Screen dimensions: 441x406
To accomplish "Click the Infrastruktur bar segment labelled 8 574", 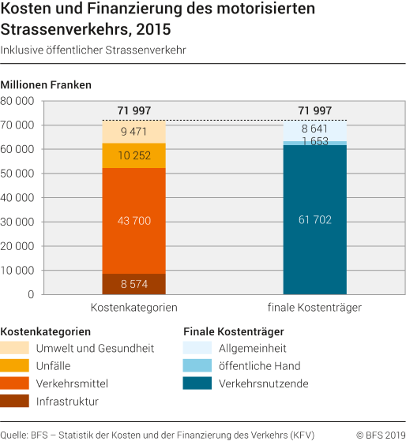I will (133, 284).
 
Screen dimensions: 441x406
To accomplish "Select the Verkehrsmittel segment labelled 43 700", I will (133, 221).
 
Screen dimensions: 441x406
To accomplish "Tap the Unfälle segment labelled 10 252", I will (133, 155).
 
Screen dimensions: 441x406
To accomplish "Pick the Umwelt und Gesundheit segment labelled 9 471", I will (133, 132).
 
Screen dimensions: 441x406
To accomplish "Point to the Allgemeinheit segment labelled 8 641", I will (314, 129).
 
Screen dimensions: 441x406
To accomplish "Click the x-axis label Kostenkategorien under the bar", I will (133, 308).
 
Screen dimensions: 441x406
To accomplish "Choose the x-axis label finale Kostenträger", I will (314, 308).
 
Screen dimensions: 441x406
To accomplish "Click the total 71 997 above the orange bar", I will (133, 110).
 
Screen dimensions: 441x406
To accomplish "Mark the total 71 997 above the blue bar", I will (314, 110).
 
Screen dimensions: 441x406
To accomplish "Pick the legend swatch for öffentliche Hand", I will (197, 365).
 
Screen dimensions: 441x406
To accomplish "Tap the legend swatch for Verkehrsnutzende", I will (197, 383).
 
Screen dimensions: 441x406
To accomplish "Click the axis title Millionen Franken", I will (47, 84).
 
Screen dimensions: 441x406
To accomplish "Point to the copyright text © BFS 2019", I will (381, 433).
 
